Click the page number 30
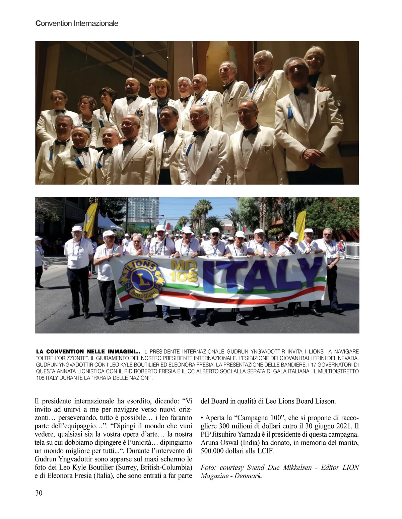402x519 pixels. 39,493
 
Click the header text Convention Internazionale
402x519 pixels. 77,23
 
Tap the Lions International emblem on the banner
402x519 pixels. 140,280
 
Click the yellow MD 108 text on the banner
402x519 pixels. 184,271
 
